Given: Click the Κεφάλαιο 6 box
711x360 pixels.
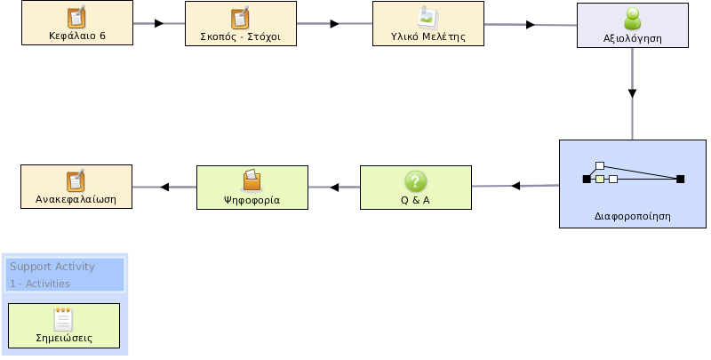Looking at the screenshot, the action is click(x=77, y=23).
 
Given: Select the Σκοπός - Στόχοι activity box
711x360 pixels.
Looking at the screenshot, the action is click(x=241, y=24).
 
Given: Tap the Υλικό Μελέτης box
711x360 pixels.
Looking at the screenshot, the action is click(x=428, y=24).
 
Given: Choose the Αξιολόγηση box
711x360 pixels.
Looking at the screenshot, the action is click(x=633, y=26).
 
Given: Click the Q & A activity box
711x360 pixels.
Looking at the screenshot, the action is click(x=416, y=188).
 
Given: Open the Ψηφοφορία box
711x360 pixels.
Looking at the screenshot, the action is click(x=252, y=188).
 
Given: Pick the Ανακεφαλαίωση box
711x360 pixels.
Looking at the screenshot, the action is click(x=76, y=187).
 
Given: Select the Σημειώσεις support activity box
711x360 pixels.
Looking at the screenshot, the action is click(x=64, y=326).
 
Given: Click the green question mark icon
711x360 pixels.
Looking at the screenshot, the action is click(x=415, y=181).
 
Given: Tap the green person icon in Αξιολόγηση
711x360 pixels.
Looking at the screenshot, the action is click(x=633, y=19).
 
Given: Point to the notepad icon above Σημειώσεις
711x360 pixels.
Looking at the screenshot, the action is click(x=63, y=320).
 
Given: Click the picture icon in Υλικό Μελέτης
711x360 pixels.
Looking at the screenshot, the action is click(x=427, y=17).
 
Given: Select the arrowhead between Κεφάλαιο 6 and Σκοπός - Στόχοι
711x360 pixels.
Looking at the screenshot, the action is click(x=159, y=23).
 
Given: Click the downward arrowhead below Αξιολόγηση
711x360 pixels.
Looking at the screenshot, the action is click(x=632, y=94).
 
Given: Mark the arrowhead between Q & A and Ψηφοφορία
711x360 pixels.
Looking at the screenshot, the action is click(x=335, y=188).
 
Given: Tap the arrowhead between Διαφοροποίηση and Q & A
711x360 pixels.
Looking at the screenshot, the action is click(x=515, y=186).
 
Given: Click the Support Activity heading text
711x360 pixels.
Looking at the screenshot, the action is click(x=52, y=267).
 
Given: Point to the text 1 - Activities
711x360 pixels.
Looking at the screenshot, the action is click(x=40, y=284).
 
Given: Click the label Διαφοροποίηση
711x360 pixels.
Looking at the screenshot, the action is click(x=633, y=216).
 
